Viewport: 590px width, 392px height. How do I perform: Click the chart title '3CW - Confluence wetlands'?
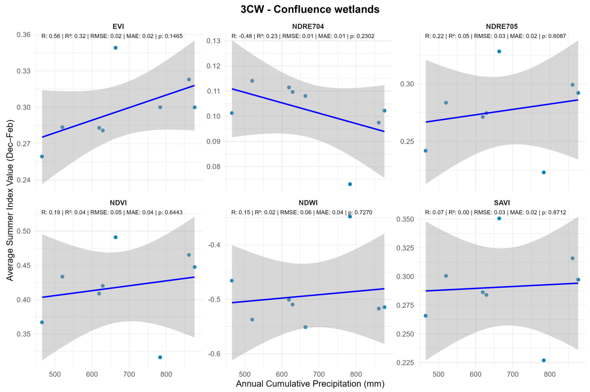pos(310,9)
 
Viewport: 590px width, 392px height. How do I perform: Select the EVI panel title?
pos(118,26)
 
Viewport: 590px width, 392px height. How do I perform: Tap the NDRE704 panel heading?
pos(308,26)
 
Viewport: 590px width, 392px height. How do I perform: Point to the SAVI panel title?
pos(502,203)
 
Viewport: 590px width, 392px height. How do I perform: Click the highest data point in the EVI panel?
pos(116,48)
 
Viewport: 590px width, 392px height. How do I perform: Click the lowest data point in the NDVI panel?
pos(160,357)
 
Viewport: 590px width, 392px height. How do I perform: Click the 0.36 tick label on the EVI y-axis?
pos(23,35)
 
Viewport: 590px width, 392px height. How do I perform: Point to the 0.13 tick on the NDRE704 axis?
pos(213,41)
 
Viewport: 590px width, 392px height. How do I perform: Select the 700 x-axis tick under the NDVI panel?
pos(129,374)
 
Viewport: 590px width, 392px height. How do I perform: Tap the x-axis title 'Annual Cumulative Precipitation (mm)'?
pos(310,384)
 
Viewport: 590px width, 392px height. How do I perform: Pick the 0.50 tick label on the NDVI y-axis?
pos(23,231)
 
